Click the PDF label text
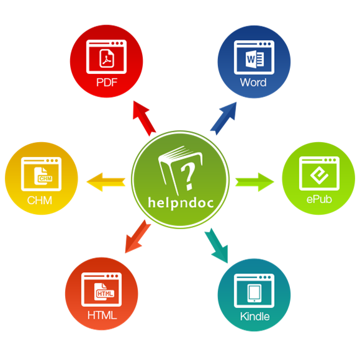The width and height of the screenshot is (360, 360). click(107, 83)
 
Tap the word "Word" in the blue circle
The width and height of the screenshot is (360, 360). click(253, 83)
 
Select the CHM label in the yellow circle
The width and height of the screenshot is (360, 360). click(39, 200)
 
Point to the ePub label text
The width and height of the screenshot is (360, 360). click(319, 199)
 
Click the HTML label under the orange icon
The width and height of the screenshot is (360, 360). click(102, 315)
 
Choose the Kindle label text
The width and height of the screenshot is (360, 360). click(255, 317)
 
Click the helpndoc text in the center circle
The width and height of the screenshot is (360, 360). click(181, 203)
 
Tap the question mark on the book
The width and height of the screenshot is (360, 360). click(188, 177)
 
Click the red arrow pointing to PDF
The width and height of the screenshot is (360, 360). click(144, 118)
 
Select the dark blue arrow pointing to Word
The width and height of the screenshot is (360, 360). click(224, 118)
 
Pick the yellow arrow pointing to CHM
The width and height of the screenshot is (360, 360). click(106, 182)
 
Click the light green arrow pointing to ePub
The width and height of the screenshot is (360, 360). click(255, 182)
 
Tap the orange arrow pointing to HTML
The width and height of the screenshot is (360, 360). click(137, 237)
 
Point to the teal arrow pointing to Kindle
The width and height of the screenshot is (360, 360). click(217, 245)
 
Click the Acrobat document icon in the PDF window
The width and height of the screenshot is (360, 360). click(106, 58)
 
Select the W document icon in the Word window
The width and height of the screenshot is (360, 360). click(254, 59)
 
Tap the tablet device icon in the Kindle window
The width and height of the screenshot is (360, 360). click(254, 293)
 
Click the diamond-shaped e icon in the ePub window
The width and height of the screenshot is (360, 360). click(319, 175)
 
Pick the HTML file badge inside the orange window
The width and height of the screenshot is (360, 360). click(105, 292)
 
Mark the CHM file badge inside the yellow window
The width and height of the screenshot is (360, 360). click(44, 176)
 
